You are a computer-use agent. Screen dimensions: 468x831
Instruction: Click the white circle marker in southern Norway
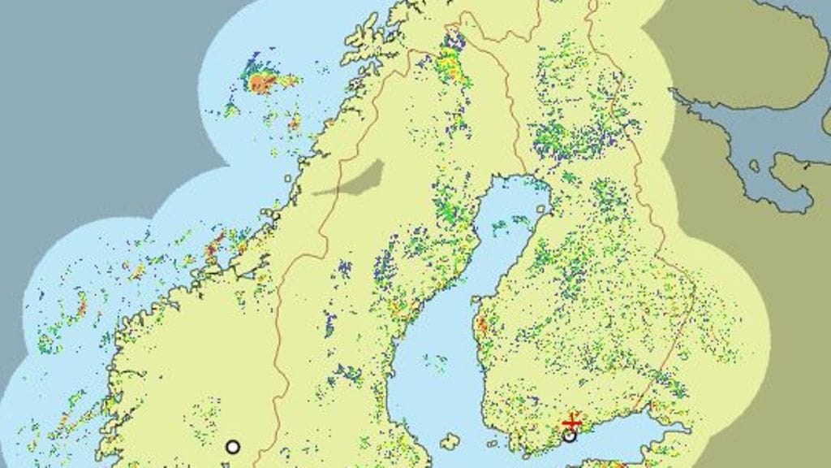pos(233,446)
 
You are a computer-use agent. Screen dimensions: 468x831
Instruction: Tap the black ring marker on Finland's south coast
pos(570,435)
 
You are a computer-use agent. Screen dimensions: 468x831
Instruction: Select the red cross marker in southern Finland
pos(571,423)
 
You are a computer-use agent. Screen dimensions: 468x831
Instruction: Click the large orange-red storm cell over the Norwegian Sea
pos(261,81)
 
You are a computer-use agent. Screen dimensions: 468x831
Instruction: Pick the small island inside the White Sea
pos(755,166)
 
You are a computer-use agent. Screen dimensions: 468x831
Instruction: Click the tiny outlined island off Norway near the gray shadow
pos(288,178)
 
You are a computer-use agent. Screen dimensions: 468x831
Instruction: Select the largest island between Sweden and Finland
pos(449,441)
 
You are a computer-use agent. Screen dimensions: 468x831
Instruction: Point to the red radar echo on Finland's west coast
pos(483,327)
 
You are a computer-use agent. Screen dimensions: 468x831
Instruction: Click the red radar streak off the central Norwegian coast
pos(215,244)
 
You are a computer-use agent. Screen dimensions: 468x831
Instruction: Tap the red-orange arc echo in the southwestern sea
pos(81,306)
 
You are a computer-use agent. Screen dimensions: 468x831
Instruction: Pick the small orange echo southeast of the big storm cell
pos(295,122)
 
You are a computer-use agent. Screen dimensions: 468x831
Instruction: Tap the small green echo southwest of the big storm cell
pos(231,109)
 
